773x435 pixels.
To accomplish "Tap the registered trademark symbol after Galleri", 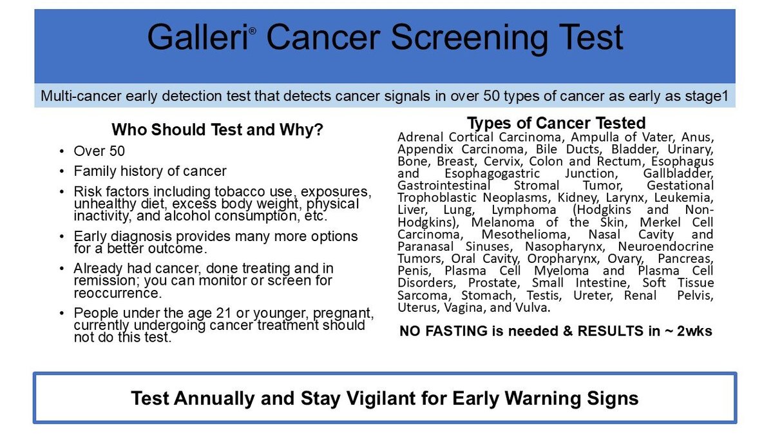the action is click(x=253, y=31).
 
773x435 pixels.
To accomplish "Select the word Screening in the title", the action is click(x=470, y=39).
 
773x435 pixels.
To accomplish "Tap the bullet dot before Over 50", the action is click(x=62, y=151).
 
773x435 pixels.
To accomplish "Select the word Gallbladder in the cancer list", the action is click(x=678, y=173).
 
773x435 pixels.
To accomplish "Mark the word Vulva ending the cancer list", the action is click(x=533, y=307).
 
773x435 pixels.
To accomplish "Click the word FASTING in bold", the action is click(x=457, y=331).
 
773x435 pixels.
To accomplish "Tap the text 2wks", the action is click(x=694, y=331).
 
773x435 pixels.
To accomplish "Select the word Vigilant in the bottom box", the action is click(x=381, y=398).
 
